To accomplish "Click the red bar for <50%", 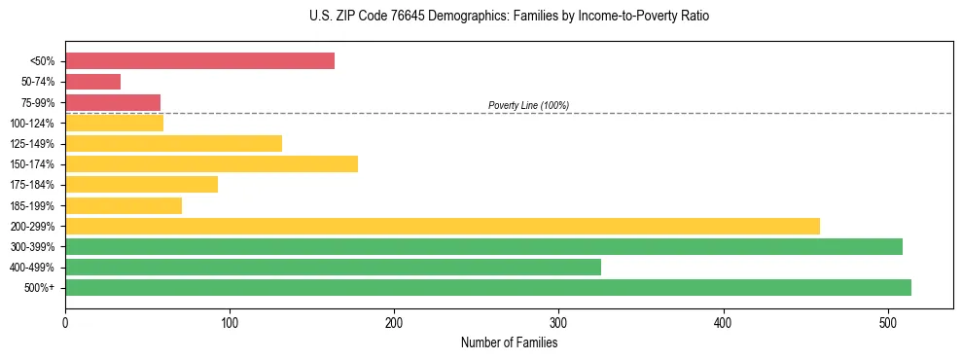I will (x=199, y=61).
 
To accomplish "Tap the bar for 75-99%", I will (x=113, y=102).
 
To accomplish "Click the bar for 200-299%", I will (x=443, y=226).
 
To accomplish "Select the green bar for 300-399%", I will (x=483, y=246).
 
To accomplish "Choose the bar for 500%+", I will (x=488, y=287).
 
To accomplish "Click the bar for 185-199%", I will (x=124, y=205).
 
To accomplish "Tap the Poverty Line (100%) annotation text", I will (x=528, y=105).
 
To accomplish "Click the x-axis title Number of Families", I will (x=509, y=342).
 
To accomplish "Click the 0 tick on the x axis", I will (x=65, y=322).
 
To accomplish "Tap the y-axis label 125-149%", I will (x=32, y=144).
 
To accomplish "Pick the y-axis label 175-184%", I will (x=32, y=185).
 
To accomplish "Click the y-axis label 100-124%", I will (x=32, y=124).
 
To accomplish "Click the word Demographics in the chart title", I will (x=437, y=17).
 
